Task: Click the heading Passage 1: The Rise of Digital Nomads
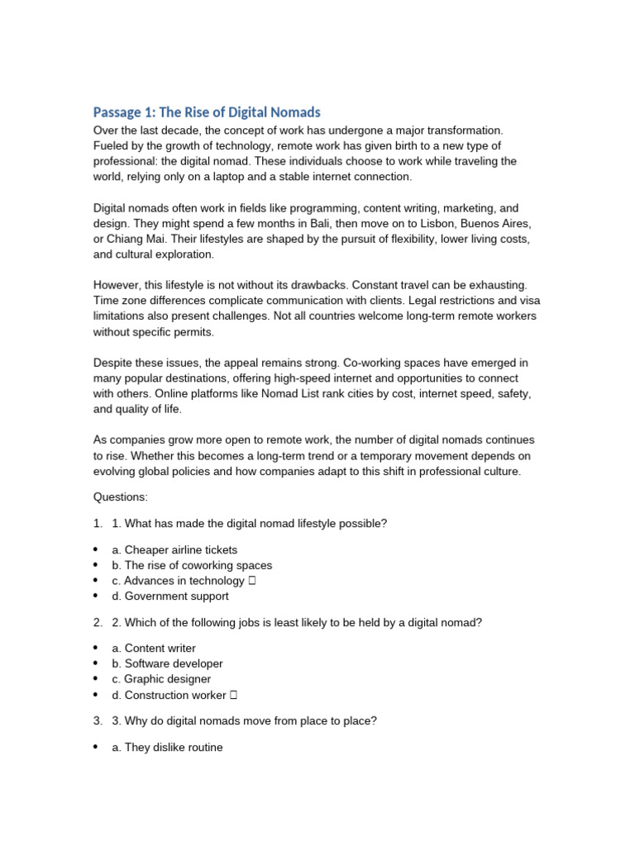(x=207, y=112)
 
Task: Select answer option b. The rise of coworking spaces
(x=192, y=566)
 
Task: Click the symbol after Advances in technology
(x=251, y=582)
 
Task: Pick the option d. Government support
(x=170, y=596)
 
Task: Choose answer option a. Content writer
(x=154, y=649)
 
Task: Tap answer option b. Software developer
(x=167, y=664)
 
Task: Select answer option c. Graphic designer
(x=161, y=679)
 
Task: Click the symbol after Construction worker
(x=233, y=695)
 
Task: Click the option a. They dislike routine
(x=167, y=748)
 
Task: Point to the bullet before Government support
(x=96, y=596)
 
